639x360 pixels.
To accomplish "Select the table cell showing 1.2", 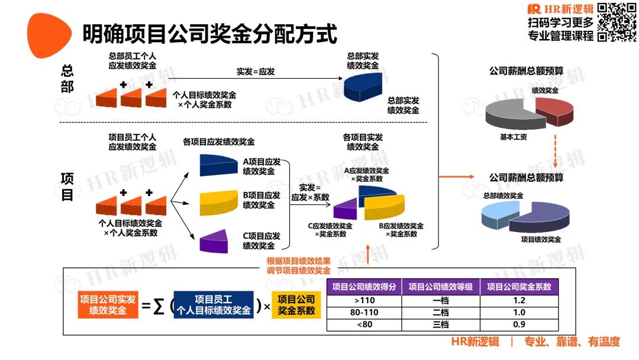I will click(x=519, y=300).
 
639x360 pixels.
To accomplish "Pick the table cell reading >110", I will click(x=364, y=300).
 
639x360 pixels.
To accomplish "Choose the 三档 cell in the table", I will click(x=441, y=324).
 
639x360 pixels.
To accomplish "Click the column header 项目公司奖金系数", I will click(x=519, y=287).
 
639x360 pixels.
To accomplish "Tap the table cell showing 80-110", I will click(x=364, y=312).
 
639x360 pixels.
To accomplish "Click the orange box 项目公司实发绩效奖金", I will click(x=108, y=304).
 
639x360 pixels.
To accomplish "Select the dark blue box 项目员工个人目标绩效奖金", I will click(x=214, y=304).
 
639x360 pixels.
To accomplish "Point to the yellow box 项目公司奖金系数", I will click(x=296, y=304).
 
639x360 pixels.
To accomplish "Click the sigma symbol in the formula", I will click(x=158, y=306).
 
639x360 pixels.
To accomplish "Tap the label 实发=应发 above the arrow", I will click(x=256, y=72).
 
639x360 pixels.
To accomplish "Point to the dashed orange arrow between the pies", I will click(x=556, y=151).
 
